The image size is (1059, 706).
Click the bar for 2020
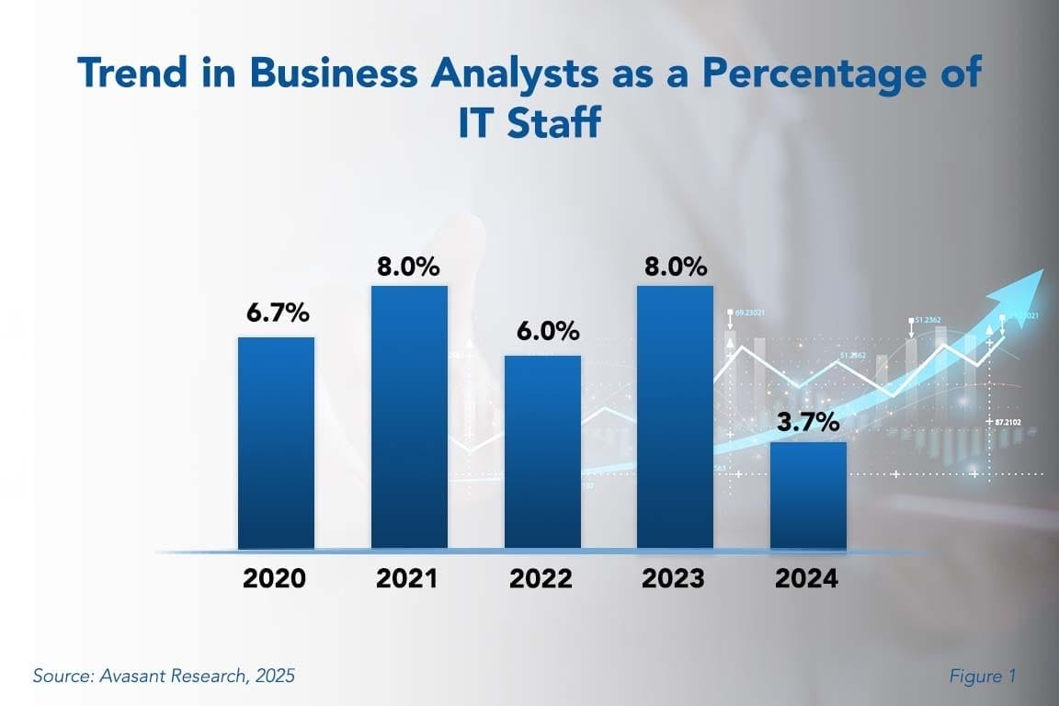pos(276,443)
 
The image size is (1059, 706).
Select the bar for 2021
pos(409,417)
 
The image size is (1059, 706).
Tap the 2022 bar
pos(542,452)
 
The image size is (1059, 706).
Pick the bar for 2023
pos(676,417)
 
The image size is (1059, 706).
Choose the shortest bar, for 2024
pos(808,495)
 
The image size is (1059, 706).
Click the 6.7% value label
pos(277,313)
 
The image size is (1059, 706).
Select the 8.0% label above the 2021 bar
pos(408,268)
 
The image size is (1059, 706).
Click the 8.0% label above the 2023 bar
pos(676,268)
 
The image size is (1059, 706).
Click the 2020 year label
pos(274,579)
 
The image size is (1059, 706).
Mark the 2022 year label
pos(541,579)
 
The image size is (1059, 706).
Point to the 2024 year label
pos(806,579)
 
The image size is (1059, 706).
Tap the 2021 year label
pos(407,579)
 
